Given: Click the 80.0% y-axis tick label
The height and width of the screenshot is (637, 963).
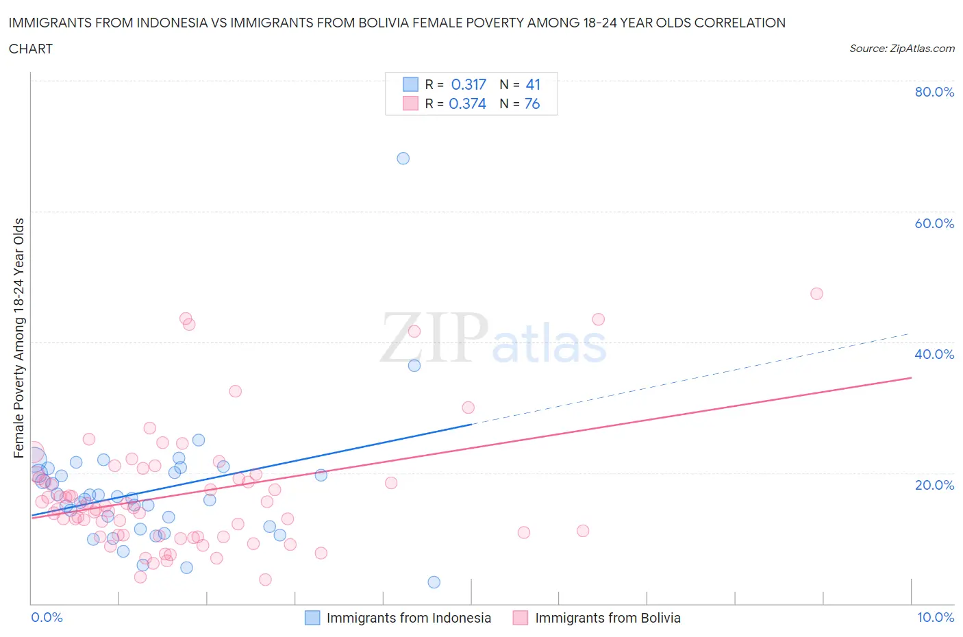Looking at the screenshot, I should [x=934, y=92].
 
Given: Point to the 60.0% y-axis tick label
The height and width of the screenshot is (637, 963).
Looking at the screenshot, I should [x=934, y=223].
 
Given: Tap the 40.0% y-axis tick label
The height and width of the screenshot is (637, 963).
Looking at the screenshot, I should [x=934, y=354].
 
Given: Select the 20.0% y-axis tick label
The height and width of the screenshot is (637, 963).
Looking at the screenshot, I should [x=934, y=485].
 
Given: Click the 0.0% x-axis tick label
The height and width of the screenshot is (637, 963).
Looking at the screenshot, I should [x=47, y=617].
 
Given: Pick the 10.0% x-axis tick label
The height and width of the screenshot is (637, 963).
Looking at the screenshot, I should [x=936, y=617].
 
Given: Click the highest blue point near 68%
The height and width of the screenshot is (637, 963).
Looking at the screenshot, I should [x=403, y=158].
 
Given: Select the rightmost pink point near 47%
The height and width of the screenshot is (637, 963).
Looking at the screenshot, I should [x=816, y=294].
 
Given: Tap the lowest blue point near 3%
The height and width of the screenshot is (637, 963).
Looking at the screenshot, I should [x=434, y=582].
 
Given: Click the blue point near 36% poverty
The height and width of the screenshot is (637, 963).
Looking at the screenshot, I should [x=414, y=366].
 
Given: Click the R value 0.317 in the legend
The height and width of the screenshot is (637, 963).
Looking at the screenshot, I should [x=468, y=84].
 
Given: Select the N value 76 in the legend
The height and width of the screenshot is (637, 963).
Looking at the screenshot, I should [x=532, y=103].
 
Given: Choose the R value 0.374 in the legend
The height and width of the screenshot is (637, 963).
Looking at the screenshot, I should [x=467, y=103].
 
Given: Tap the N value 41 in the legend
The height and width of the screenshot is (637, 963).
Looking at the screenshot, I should [x=533, y=84].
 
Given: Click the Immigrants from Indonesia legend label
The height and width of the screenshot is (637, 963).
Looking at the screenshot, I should [x=408, y=618].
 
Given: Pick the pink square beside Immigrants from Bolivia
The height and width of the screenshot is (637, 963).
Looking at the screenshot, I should [x=521, y=618].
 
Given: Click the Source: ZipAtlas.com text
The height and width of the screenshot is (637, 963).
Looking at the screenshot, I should [x=901, y=48].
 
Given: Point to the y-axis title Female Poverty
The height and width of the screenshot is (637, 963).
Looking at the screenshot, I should [x=18, y=338].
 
